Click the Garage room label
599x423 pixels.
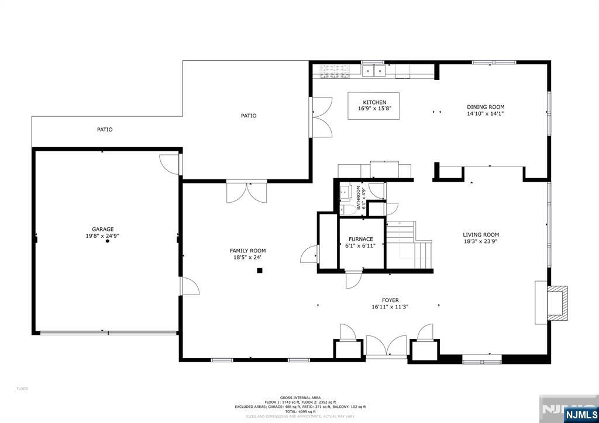(102, 229)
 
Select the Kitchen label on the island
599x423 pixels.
(374, 102)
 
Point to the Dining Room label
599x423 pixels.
(486, 107)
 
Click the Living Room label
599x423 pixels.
(481, 235)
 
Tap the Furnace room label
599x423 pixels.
(361, 239)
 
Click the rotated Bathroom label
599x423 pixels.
(359, 198)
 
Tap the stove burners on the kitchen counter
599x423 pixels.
(335, 71)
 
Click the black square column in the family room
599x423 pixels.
(260, 271)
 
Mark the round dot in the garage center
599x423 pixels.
(107, 241)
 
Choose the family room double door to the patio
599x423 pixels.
(247, 192)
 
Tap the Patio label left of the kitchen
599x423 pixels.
(249, 116)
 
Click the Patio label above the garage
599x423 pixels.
(105, 130)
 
